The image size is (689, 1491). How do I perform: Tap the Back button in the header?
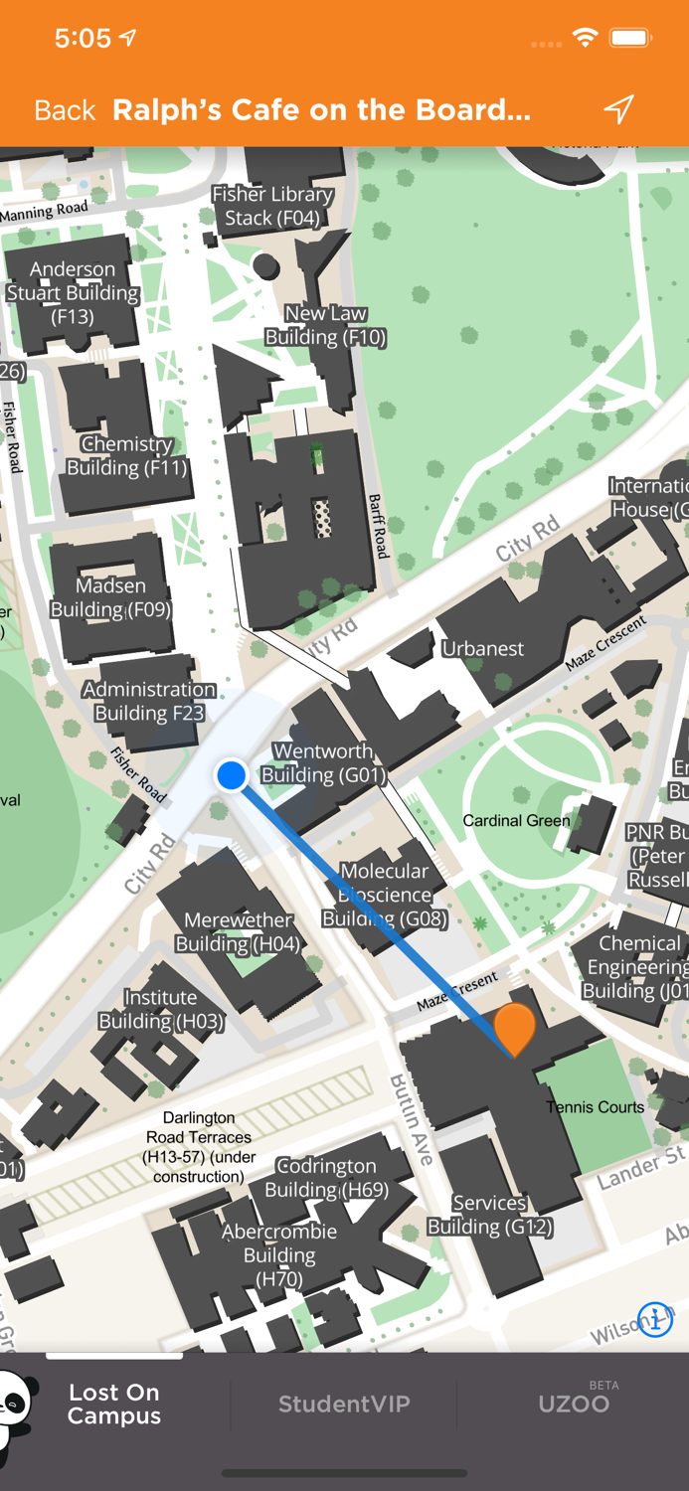tap(65, 110)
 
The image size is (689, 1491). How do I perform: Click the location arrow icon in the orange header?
tap(618, 108)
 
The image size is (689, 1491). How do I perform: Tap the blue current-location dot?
tap(232, 774)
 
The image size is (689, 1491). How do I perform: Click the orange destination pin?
tap(514, 1028)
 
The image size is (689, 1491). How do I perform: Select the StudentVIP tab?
tap(344, 1404)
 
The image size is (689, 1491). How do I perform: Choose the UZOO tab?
tap(574, 1404)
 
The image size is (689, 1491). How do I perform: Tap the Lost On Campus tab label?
tap(114, 1404)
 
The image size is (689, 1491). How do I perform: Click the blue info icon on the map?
tap(655, 1320)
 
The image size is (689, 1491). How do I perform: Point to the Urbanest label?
tap(482, 649)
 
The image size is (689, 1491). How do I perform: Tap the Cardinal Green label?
tap(516, 821)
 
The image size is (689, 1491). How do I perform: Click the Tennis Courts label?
tap(595, 1106)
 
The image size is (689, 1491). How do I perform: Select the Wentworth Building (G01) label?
tap(324, 763)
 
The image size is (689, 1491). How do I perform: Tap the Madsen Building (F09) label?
tap(110, 597)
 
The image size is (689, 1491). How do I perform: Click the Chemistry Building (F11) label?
tap(126, 456)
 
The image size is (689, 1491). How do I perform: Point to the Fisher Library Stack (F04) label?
tap(272, 207)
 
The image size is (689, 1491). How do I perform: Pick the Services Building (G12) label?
tap(489, 1215)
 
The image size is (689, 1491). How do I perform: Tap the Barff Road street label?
tap(378, 526)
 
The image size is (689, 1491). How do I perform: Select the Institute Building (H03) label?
tap(161, 1009)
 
